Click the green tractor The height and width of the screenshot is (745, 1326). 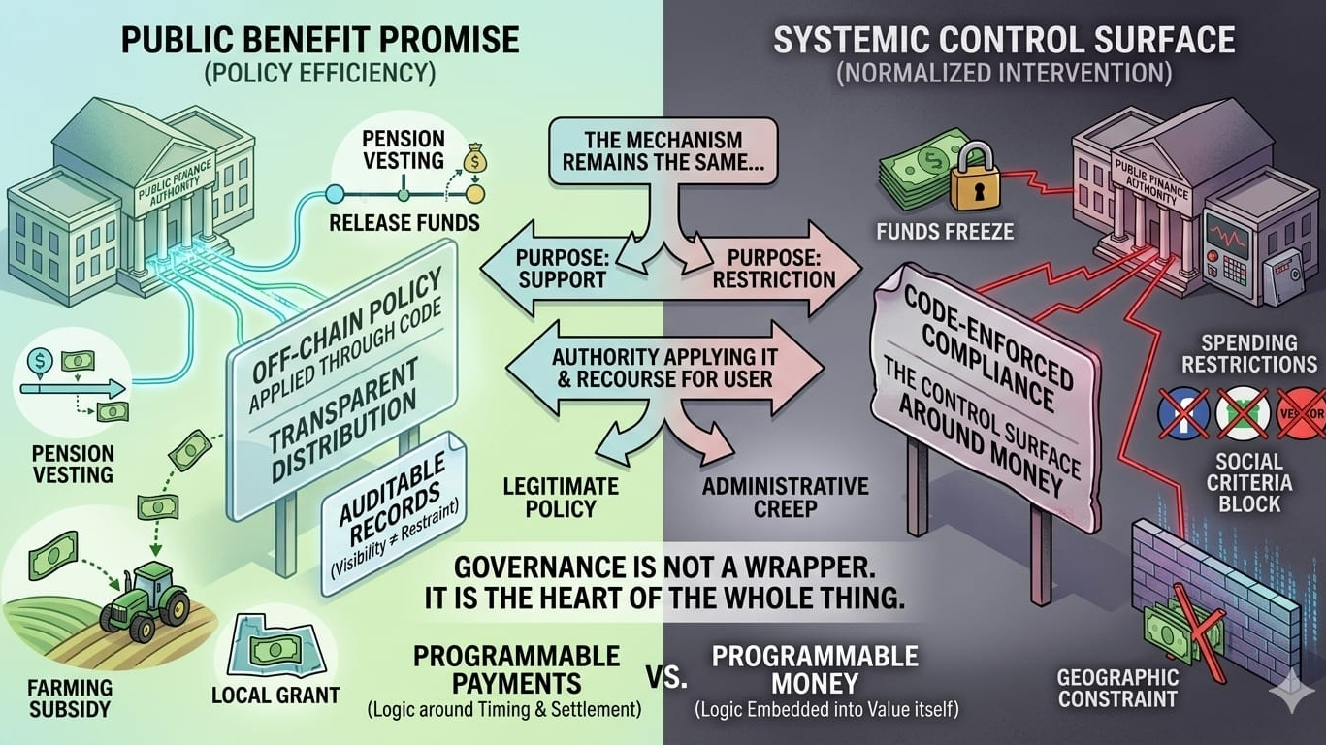146,596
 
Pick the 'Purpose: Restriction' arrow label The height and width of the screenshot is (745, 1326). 773,268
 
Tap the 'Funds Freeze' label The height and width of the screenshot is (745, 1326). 930,232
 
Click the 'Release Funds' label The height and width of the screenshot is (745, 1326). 404,222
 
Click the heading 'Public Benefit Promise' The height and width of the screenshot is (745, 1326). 319,40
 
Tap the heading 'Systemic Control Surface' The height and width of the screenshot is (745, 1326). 1004,40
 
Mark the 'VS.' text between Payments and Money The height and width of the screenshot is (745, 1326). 665,676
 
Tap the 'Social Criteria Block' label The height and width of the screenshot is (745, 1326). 1248,482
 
